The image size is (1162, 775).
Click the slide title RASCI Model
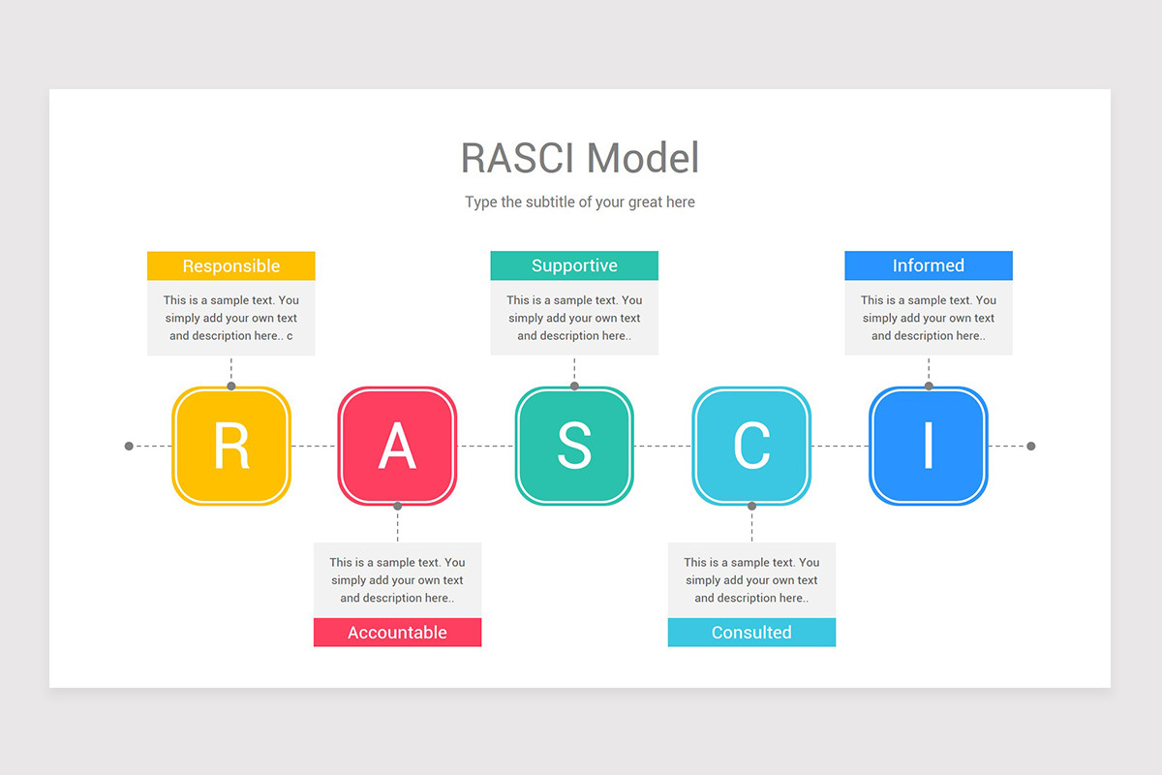coord(579,158)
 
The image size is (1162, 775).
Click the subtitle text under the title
coord(579,202)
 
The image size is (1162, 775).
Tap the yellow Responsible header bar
coord(231,265)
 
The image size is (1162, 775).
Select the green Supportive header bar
coord(574,265)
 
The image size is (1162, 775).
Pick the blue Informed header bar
coord(929,265)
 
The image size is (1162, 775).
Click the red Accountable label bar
coord(397,633)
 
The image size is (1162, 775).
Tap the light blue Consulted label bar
coord(751,633)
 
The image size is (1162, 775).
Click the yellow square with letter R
coord(231,446)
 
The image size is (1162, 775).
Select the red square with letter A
coord(397,446)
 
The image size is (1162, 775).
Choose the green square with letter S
coord(574,446)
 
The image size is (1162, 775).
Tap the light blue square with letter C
coord(751,446)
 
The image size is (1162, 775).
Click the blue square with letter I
coord(929,446)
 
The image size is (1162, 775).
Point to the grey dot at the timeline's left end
coord(129,447)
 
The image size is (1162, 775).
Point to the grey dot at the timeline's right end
coord(1030,447)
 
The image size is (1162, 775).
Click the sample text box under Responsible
coord(231,318)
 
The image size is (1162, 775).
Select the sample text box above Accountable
coord(397,579)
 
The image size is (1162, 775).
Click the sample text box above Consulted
coord(751,579)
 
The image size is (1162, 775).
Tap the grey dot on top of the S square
coord(574,386)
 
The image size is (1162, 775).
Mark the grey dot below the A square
coord(397,506)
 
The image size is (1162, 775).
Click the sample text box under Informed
coord(929,318)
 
